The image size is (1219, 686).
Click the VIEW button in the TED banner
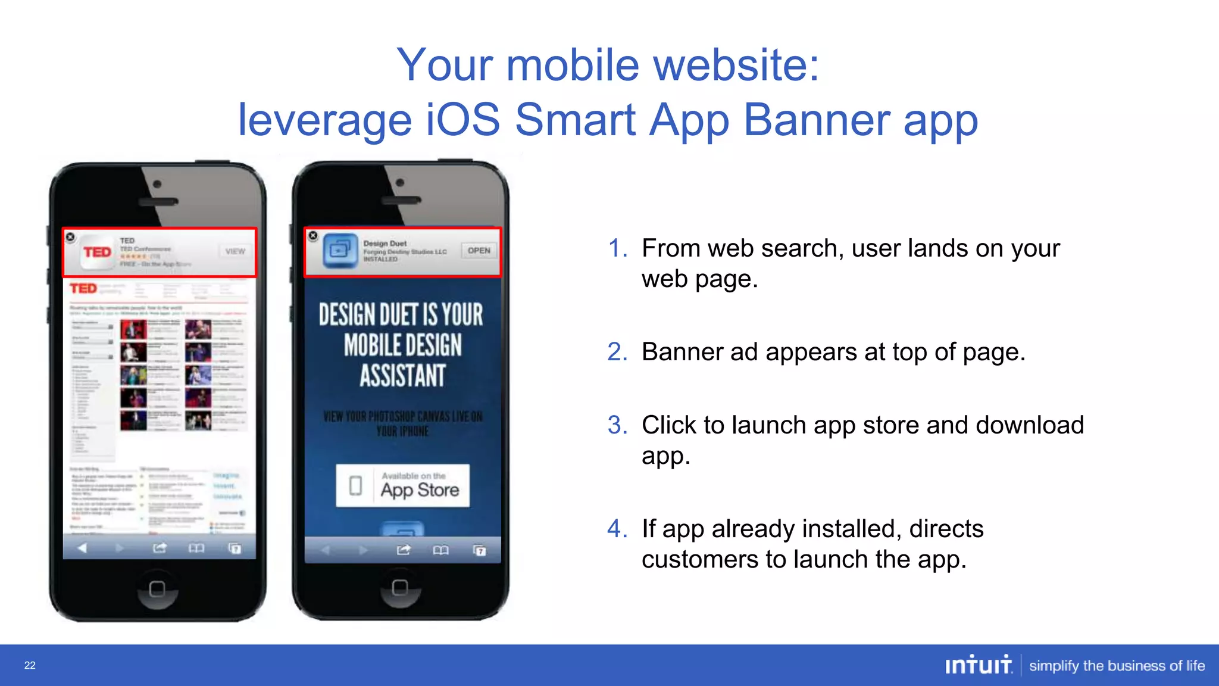click(235, 251)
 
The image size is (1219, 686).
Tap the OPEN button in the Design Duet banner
click(479, 251)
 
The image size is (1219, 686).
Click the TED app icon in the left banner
click(98, 252)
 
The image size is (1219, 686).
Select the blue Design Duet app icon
click(340, 251)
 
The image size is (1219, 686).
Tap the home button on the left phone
click(157, 589)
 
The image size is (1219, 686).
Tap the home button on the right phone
click(400, 588)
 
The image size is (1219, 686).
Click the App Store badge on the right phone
click(402, 485)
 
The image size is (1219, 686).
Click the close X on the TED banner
click(70, 237)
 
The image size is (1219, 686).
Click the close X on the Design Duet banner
click(313, 236)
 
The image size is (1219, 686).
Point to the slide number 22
click(30, 666)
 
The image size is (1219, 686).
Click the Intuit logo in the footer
click(978, 665)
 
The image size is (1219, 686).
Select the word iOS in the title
click(463, 120)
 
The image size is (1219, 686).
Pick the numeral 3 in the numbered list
click(617, 425)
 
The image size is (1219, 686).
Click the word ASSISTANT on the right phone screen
click(402, 376)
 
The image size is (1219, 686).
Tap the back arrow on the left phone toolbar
click(83, 548)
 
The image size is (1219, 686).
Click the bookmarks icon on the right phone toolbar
click(440, 550)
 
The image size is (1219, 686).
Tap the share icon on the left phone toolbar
click(160, 548)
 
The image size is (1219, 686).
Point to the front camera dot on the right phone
click(400, 183)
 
